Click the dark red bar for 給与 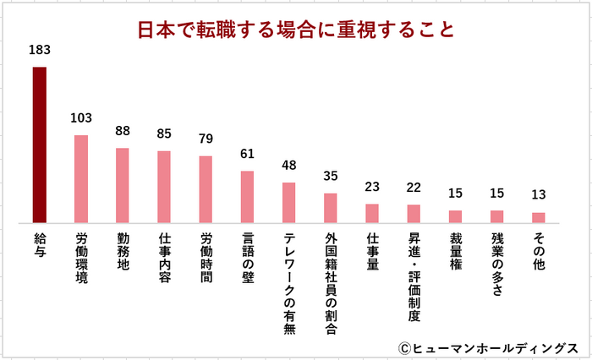40,145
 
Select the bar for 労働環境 81,178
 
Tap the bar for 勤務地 123,185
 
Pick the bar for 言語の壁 247,197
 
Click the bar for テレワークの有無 288,203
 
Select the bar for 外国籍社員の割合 330,208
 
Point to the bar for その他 538,217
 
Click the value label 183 40,51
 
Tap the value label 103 81,118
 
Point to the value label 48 288,166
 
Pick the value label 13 538,195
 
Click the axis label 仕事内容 164,259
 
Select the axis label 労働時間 206,259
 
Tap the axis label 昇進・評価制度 414,278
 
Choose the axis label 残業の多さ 496,265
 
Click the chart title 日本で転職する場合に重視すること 296,30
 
